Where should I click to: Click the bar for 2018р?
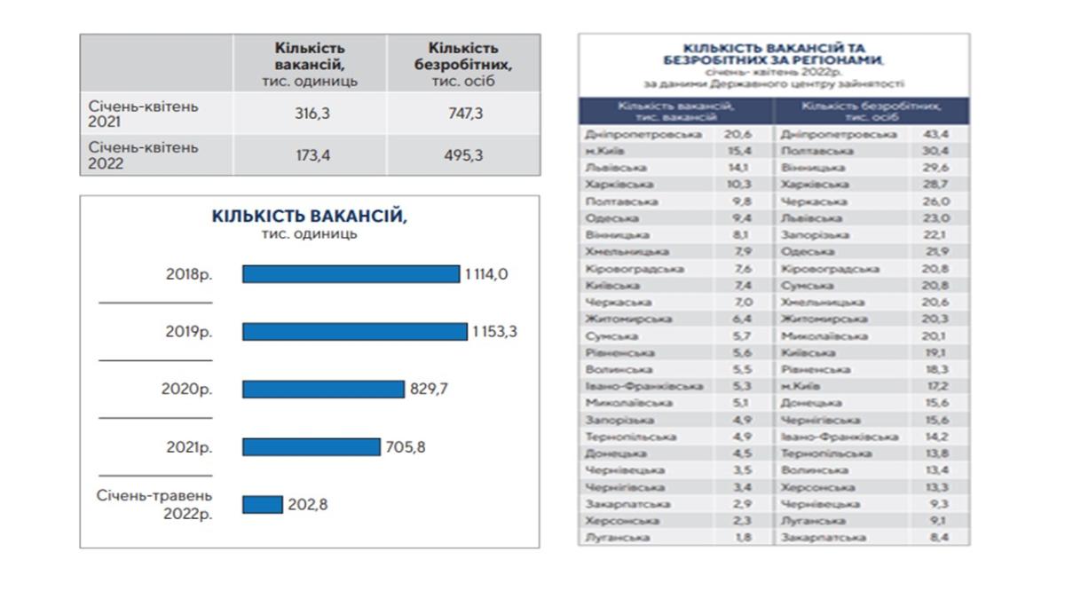coord(351,274)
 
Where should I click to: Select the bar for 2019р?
coord(354,331)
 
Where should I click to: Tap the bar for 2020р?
coord(323,389)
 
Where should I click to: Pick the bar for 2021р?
coord(311,447)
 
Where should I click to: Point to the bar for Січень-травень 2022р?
coord(263,504)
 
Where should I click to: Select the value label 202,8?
coord(308,505)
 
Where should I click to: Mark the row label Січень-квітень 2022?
coord(144,155)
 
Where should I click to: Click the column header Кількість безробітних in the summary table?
coord(462,63)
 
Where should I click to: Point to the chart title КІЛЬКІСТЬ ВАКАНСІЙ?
coord(309,217)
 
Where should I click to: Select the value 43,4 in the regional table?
coord(936,134)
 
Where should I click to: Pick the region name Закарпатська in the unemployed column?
coord(823,538)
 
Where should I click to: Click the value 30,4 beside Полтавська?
coord(936,151)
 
